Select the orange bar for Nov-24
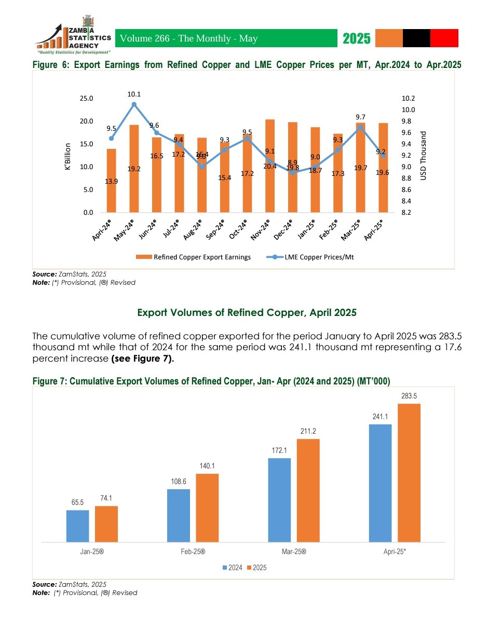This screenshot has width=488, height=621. (x=270, y=165)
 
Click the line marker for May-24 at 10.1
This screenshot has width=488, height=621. (x=134, y=104)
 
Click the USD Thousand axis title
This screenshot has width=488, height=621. (x=423, y=155)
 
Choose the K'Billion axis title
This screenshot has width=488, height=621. (x=68, y=155)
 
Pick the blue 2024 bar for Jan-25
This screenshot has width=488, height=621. (x=77, y=526)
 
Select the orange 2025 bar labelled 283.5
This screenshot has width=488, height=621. (x=409, y=473)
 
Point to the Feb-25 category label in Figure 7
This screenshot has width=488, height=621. (x=193, y=552)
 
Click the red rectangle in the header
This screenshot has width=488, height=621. (x=444, y=38)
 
